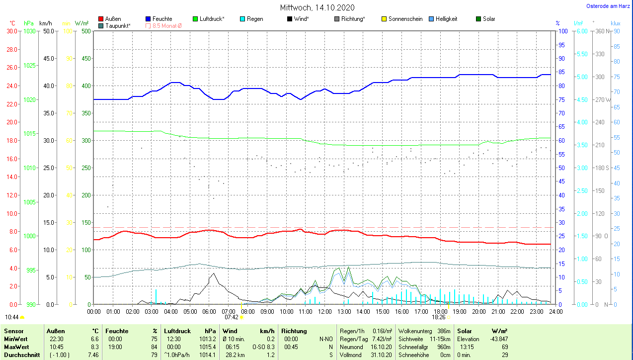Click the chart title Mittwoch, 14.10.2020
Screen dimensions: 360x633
[317, 7]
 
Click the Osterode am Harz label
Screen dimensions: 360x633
[608, 6]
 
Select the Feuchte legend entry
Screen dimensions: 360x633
[162, 19]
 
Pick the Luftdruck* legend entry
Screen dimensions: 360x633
[212, 19]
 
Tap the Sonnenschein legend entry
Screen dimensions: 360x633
[405, 19]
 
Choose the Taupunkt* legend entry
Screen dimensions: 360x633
[118, 25]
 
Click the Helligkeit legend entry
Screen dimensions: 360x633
[446, 19]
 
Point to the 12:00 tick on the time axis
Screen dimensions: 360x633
[324, 311]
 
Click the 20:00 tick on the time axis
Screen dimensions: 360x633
[478, 311]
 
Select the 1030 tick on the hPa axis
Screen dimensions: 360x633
[30, 31]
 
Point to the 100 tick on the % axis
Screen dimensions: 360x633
[563, 31]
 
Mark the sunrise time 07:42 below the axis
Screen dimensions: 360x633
[231, 317]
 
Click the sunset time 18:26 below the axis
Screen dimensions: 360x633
[438, 317]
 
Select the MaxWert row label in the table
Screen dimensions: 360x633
[16, 347]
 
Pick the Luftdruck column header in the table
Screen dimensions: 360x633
[177, 331]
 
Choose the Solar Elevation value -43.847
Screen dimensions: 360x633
[498, 339]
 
